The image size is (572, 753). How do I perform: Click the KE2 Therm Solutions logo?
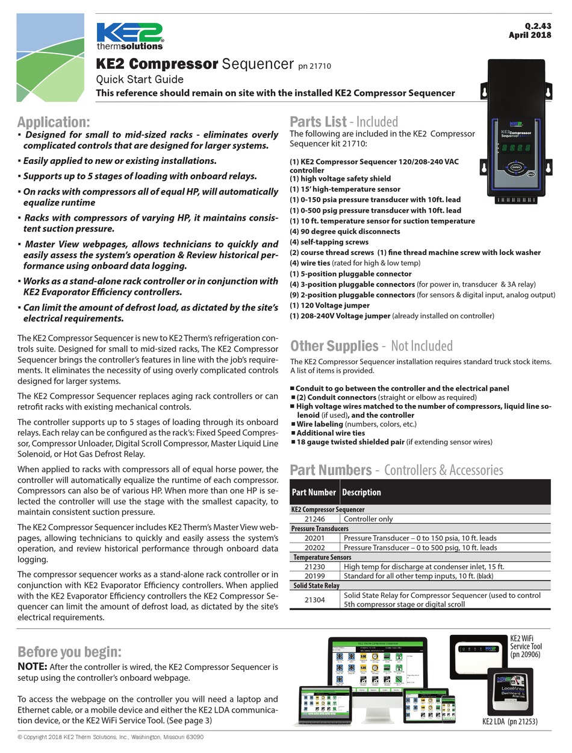pyautogui.click(x=129, y=36)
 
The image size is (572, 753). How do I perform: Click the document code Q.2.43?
pyautogui.click(x=538, y=26)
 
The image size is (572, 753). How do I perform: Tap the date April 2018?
pyautogui.click(x=530, y=35)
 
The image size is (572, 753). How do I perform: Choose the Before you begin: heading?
pyautogui.click(x=69, y=652)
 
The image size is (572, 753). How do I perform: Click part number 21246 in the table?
pyautogui.click(x=314, y=518)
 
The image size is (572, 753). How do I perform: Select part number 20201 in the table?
pyautogui.click(x=314, y=538)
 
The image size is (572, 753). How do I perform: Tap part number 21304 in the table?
pyautogui.click(x=314, y=600)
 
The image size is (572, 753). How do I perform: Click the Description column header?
pyautogui.click(x=361, y=492)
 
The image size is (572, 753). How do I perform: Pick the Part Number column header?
pyautogui.click(x=314, y=492)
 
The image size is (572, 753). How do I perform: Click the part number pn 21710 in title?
pyautogui.click(x=314, y=66)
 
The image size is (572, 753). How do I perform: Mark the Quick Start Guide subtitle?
pyautogui.click(x=140, y=80)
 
